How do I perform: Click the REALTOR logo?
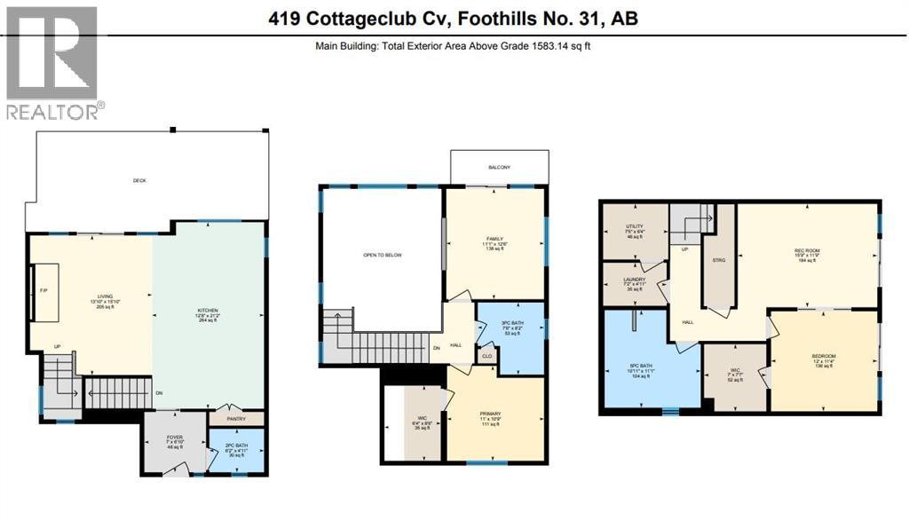tap(52, 62)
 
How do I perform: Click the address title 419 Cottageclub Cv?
tap(454, 17)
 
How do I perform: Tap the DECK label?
tap(139, 180)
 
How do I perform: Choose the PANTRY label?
tap(236, 416)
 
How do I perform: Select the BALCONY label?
tap(498, 167)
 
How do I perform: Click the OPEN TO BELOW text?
tap(383, 255)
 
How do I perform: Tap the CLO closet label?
tap(487, 355)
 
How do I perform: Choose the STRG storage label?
tap(718, 260)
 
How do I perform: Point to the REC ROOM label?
tap(805, 251)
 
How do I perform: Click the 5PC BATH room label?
tap(652, 367)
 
